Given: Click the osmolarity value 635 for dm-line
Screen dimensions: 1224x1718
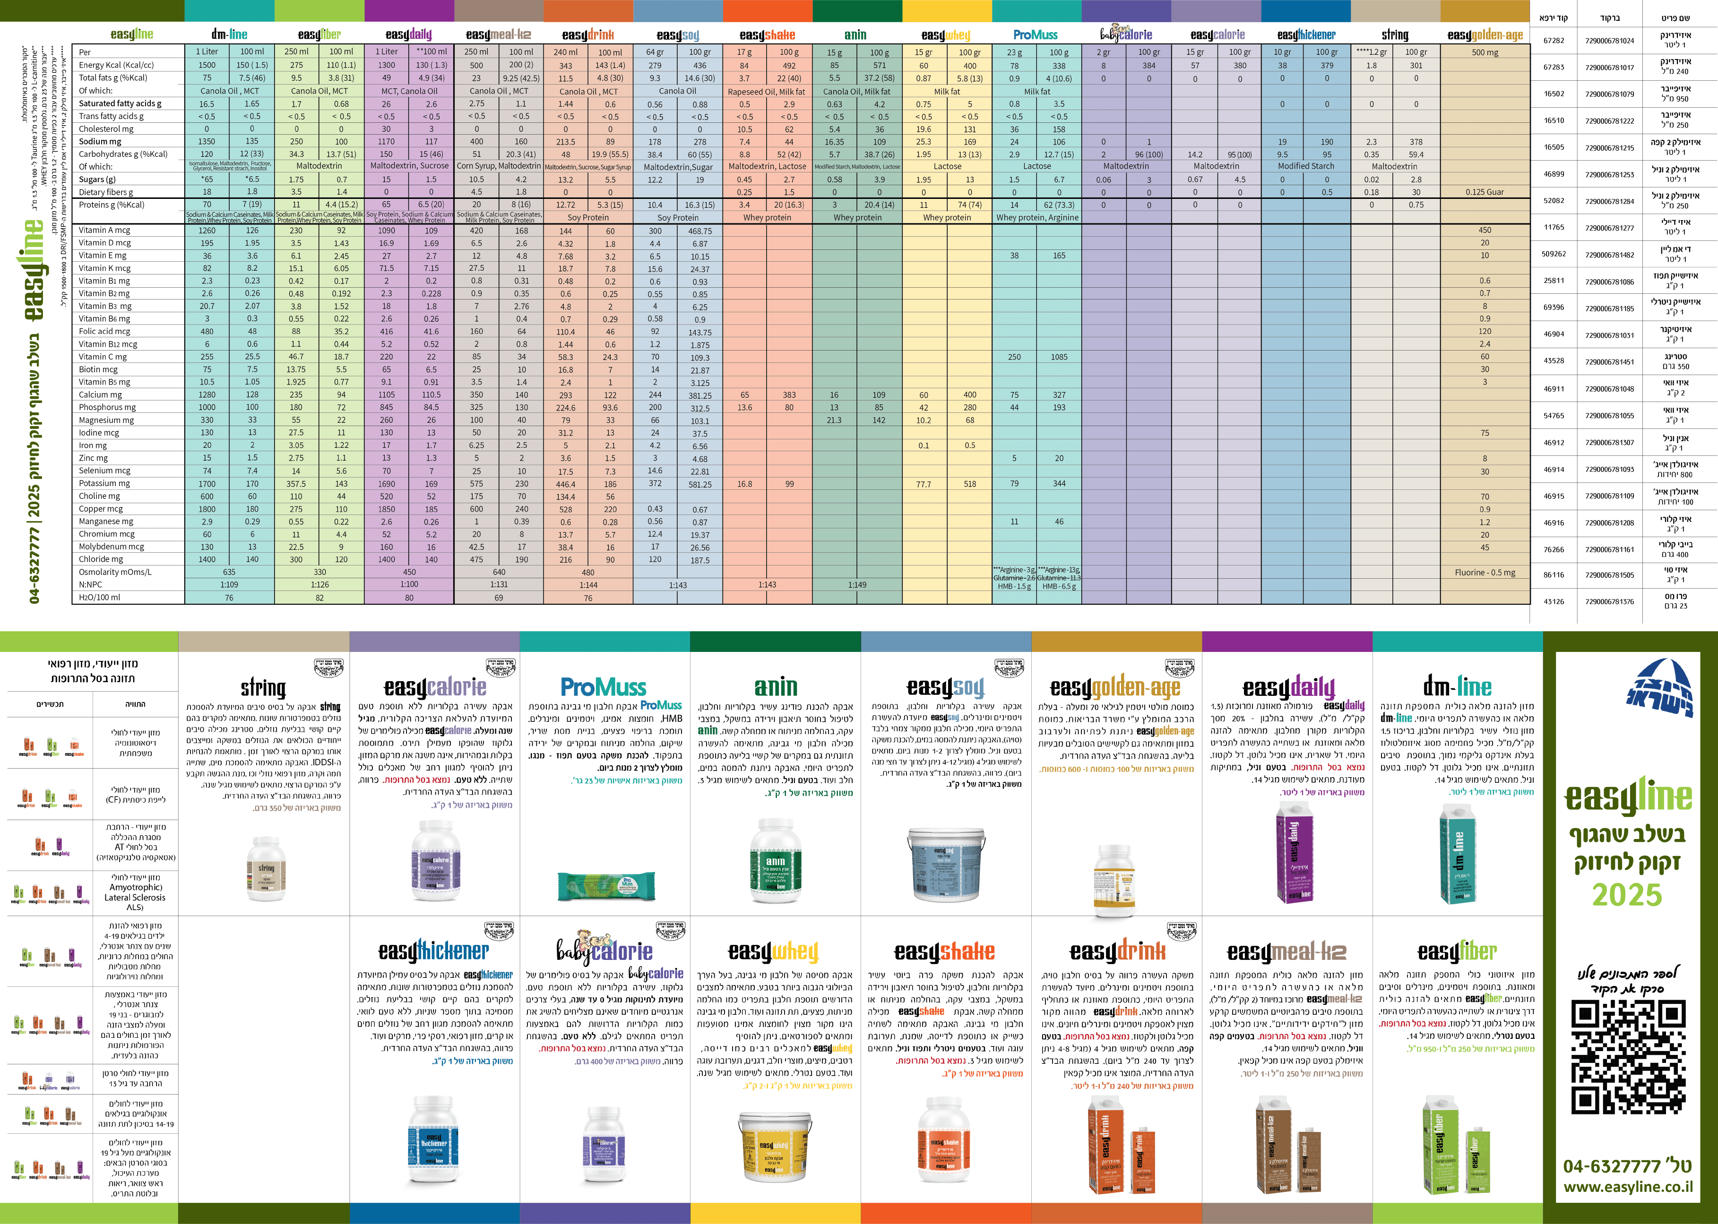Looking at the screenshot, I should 229,572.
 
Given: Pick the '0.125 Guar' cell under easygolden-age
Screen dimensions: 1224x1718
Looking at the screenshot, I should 1485,192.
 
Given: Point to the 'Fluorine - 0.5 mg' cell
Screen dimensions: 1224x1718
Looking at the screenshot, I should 1485,573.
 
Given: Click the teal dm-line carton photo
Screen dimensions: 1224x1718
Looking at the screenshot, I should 1457,852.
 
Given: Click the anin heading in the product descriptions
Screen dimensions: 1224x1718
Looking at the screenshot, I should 776,686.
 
